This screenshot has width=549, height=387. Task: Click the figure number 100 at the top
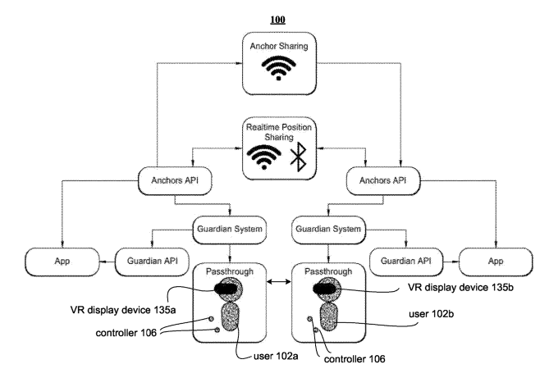pyautogui.click(x=273, y=16)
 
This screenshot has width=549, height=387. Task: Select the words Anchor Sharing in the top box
pyautogui.click(x=274, y=48)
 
